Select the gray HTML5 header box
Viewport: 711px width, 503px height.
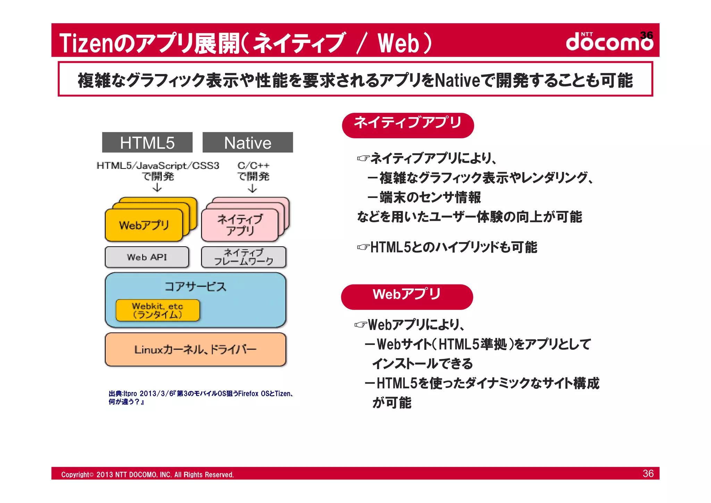click(x=147, y=142)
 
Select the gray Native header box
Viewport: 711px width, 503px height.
click(x=248, y=142)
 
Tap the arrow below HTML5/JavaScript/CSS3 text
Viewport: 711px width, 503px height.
click(x=157, y=188)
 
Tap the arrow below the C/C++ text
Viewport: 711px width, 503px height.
click(x=252, y=188)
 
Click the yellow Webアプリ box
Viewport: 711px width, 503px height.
click(x=144, y=225)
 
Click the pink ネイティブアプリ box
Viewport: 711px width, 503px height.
click(x=240, y=225)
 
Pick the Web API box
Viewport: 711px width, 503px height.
click(x=147, y=257)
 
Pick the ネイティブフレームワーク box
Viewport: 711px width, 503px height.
click(x=243, y=257)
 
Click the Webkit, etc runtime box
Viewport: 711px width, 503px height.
click(x=158, y=310)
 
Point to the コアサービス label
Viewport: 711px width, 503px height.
click(x=195, y=287)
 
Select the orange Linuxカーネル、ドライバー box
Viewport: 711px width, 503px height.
click(x=195, y=349)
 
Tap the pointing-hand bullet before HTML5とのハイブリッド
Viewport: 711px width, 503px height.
click(x=363, y=247)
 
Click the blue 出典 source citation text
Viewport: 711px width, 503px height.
click(x=201, y=397)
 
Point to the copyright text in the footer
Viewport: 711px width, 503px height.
click(x=147, y=475)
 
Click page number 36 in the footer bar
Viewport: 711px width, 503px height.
click(x=648, y=473)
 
